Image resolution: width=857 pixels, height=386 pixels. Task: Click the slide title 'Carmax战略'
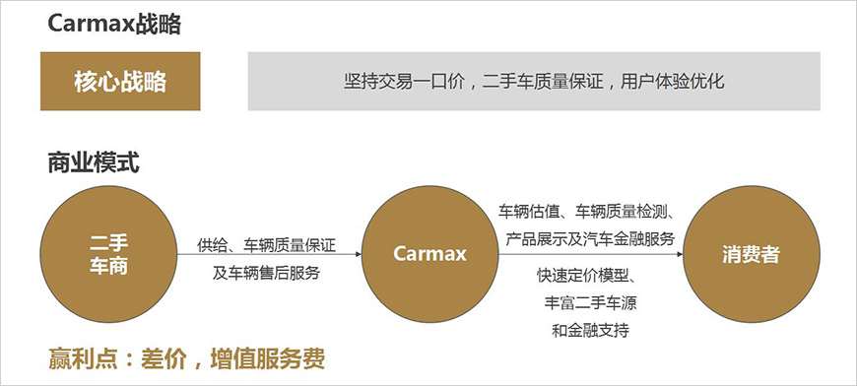coord(114,25)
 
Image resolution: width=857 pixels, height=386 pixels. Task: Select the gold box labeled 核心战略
coord(120,81)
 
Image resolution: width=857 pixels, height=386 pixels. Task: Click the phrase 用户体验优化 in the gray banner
coord(672,81)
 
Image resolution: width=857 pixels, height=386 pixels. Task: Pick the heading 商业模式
coord(94,162)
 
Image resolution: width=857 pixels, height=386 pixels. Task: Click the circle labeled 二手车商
coord(108,254)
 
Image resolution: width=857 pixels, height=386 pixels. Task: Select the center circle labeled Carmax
coord(429,254)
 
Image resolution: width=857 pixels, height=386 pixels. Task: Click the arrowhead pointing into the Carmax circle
coord(357,254)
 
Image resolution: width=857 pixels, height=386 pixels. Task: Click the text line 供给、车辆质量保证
coord(266,242)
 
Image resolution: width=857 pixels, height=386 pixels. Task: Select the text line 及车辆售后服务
coord(266,273)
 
